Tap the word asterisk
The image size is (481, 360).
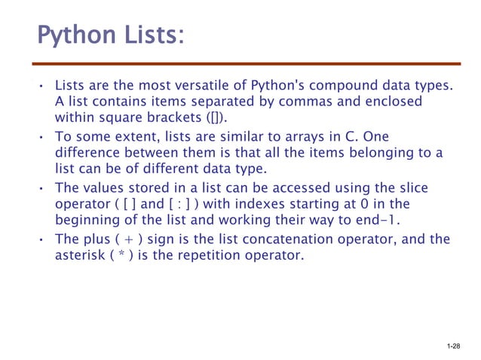(81, 257)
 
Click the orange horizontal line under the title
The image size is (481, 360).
(249, 64)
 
